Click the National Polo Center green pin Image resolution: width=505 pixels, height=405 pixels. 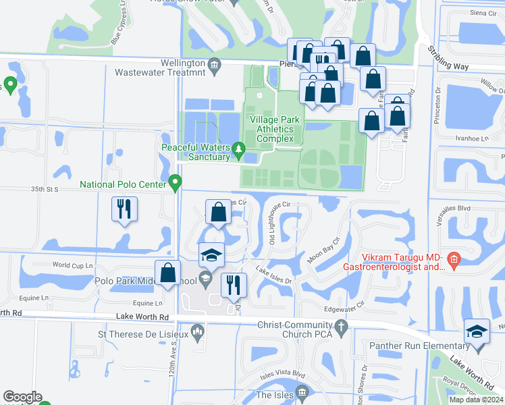click(x=175, y=182)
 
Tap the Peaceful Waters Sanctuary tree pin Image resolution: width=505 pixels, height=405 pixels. click(x=238, y=148)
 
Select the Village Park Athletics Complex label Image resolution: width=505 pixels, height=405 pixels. click(x=272, y=129)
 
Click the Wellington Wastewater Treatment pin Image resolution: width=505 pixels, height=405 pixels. click(x=215, y=65)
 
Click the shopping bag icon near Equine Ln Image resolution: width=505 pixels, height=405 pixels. click(x=169, y=273)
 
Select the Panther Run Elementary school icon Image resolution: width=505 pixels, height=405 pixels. click(x=477, y=331)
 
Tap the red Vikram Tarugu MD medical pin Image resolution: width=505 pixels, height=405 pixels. click(x=454, y=259)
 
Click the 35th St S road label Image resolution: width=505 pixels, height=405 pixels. click(x=46, y=190)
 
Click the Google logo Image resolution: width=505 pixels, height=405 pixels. click(x=22, y=397)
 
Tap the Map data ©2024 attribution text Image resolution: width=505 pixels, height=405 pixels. click(x=475, y=400)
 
